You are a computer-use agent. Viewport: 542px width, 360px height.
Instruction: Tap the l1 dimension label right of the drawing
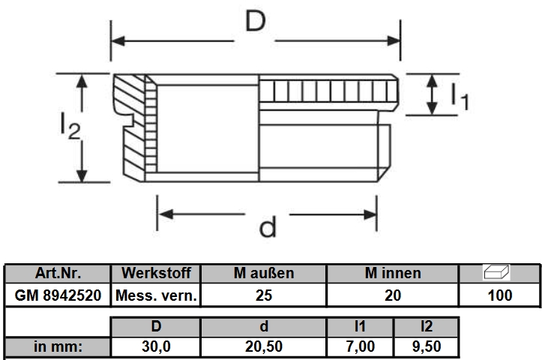458,96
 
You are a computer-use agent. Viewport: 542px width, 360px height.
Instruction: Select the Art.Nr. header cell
58,273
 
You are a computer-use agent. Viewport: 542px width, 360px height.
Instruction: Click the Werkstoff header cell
156,273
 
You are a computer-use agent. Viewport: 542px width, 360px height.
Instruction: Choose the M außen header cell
264,273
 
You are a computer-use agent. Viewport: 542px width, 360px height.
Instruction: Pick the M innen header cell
393,273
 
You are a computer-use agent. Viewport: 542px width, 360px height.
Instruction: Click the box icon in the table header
499,272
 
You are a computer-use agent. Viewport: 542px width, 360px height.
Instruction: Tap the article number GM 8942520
58,295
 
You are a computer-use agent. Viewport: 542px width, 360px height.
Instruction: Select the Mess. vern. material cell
156,295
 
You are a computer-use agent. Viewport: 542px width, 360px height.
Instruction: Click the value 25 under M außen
264,295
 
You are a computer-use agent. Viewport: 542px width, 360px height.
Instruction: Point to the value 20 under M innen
393,295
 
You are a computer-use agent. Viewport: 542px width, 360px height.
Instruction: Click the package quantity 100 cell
499,295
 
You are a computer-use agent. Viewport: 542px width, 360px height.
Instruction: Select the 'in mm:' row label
58,347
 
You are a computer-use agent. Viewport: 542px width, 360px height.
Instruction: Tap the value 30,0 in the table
156,347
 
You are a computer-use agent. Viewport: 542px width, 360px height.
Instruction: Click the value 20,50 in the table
264,347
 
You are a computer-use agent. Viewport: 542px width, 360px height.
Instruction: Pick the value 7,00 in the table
361,347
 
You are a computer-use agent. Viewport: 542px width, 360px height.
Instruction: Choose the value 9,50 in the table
427,347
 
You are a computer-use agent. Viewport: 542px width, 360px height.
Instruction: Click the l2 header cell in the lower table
427,326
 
